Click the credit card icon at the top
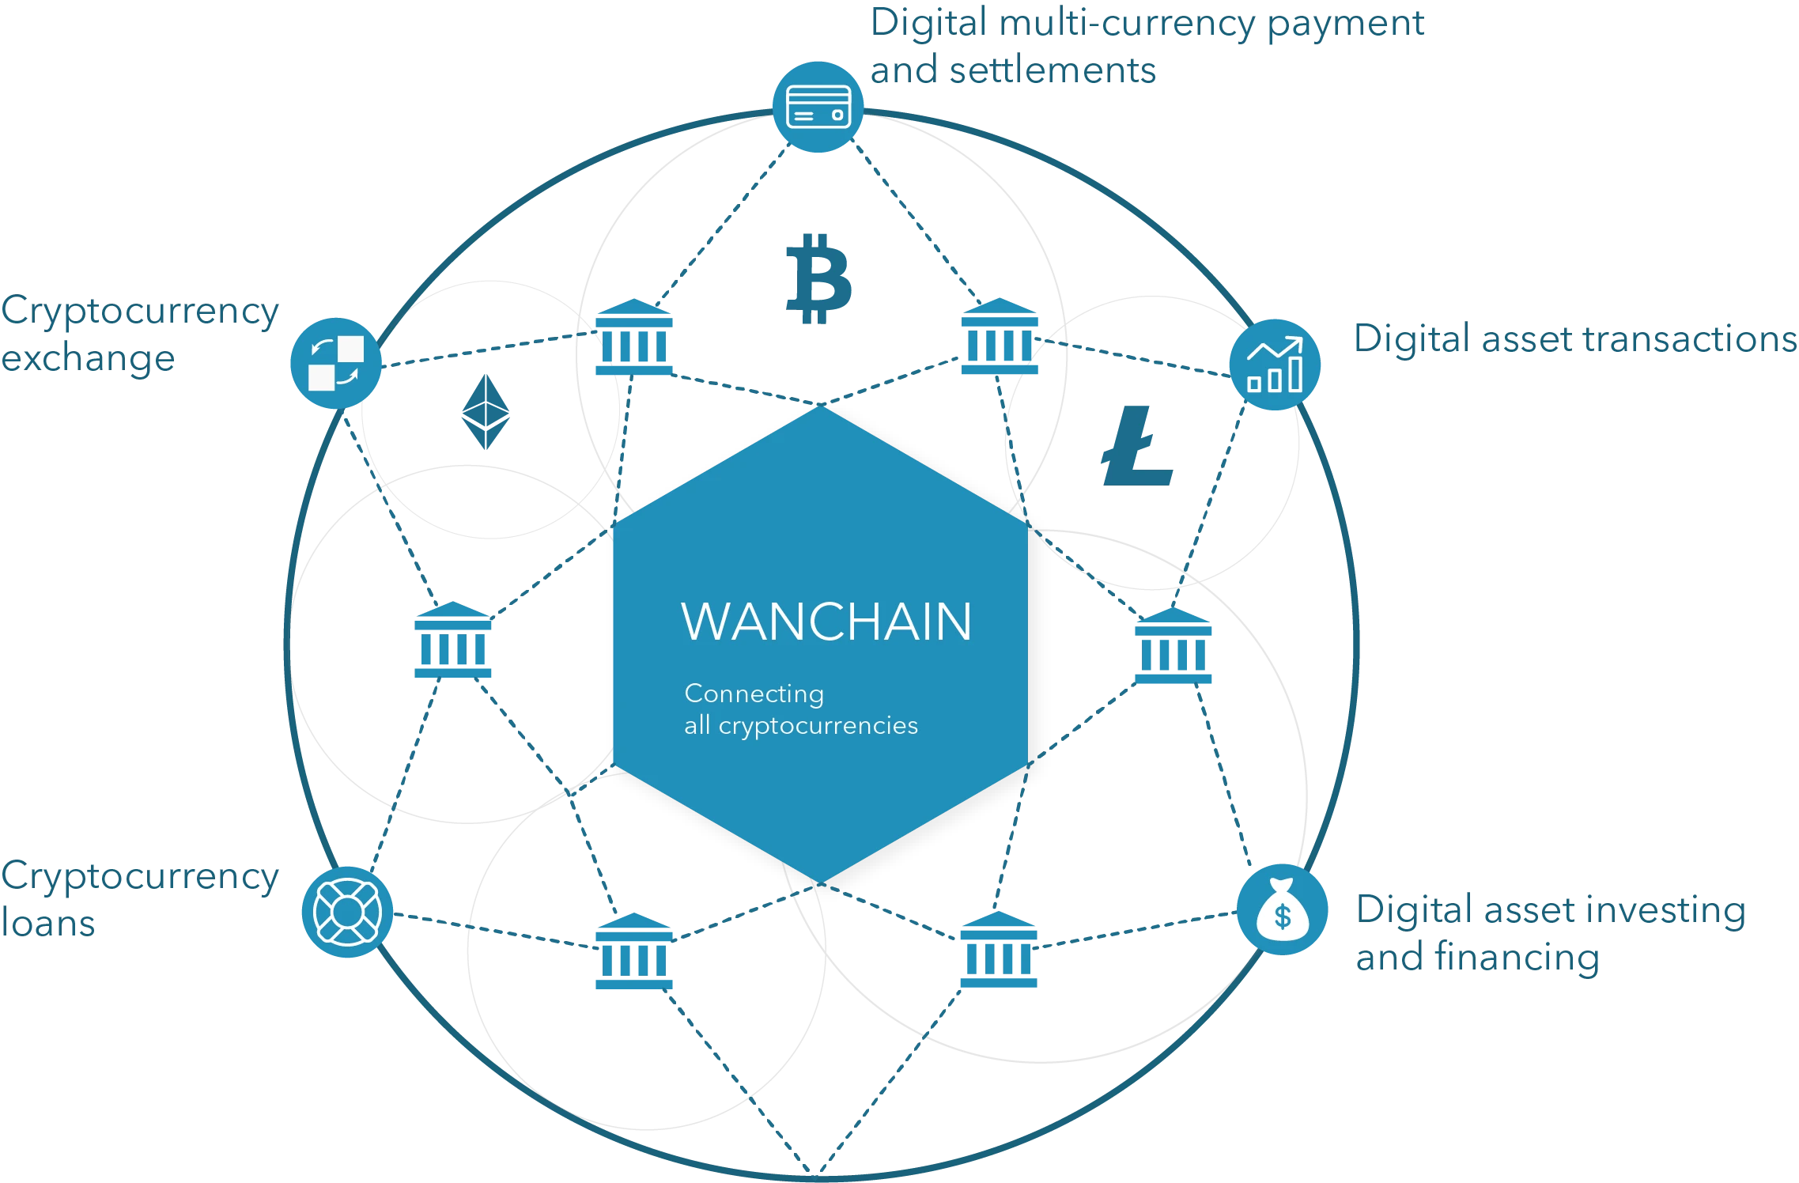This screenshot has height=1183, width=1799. click(818, 106)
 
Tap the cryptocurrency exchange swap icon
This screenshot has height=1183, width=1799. click(335, 363)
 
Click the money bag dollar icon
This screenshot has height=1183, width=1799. click(1282, 909)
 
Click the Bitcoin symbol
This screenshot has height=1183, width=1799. click(818, 279)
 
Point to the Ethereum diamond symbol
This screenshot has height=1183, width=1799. click(485, 414)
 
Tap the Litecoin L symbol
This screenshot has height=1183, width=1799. click(1136, 447)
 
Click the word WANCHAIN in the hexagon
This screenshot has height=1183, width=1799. click(826, 622)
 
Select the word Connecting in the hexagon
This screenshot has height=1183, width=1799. click(754, 694)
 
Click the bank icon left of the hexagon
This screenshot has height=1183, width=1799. click(452, 641)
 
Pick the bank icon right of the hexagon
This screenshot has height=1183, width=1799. click(1173, 648)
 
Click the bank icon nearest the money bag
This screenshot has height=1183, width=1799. click(998, 952)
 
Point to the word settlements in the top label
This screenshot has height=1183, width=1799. click(1052, 72)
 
